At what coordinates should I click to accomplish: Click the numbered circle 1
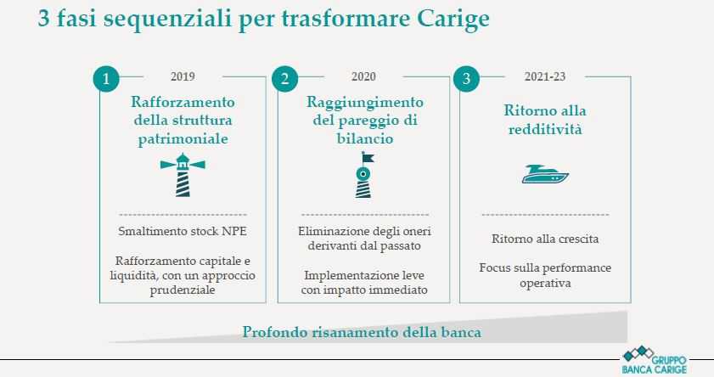tap(106, 79)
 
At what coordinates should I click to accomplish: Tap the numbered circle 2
tap(285, 79)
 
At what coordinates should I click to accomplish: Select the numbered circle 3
tap(466, 79)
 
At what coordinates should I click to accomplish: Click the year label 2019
tap(183, 76)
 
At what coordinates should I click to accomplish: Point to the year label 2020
tap(363, 76)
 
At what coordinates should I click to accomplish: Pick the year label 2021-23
tap(544, 76)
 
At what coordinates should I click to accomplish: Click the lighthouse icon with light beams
tap(183, 175)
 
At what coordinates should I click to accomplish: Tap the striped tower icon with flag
tap(364, 175)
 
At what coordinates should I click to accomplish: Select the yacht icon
tap(545, 174)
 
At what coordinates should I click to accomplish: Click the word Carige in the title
tap(453, 20)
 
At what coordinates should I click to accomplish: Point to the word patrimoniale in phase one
tap(183, 139)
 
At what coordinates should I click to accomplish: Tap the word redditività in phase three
tap(545, 129)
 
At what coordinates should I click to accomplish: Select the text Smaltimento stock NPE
tap(183, 231)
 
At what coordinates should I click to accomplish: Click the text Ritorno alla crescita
tap(545, 239)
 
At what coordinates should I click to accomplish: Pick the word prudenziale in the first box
tap(183, 290)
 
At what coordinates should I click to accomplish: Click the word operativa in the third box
tap(545, 284)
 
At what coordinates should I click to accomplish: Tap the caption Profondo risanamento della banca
tap(362, 332)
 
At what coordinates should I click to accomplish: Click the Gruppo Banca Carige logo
tap(654, 360)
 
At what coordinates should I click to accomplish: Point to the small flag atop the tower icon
tap(368, 158)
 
